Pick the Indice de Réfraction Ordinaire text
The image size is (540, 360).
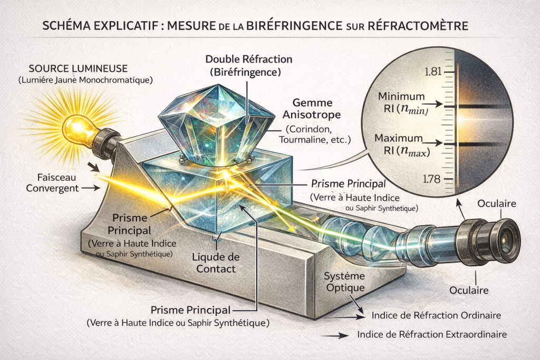tap(436, 316)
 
